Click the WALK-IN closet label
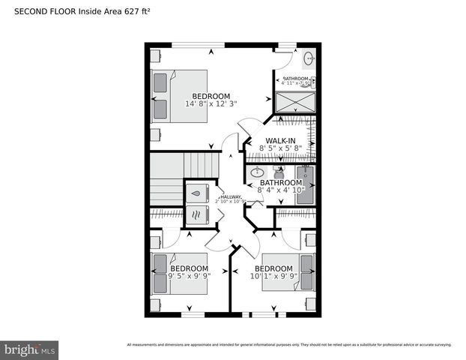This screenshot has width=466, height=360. [279, 140]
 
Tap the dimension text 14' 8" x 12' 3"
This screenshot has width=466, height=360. [211, 104]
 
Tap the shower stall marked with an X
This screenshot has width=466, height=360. [294, 102]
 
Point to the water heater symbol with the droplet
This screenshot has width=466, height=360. [196, 193]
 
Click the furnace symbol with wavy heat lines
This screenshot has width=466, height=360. [196, 215]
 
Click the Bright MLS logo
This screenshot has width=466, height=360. [30, 350]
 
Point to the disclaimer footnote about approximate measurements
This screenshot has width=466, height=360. [289, 345]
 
